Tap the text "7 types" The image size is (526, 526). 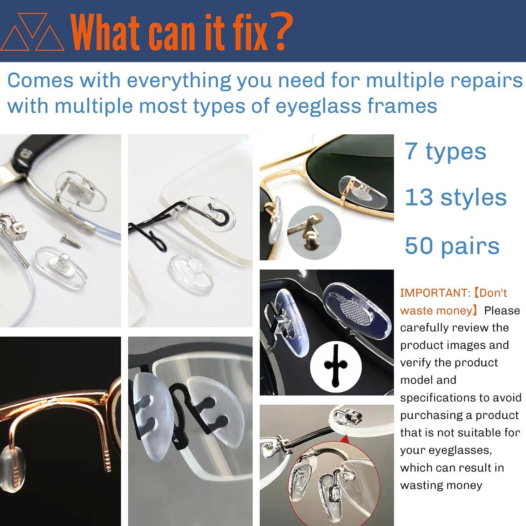click(445, 151)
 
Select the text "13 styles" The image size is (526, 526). click(456, 197)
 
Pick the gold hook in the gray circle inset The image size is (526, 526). click(312, 231)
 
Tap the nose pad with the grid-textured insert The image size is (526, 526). click(355, 305)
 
